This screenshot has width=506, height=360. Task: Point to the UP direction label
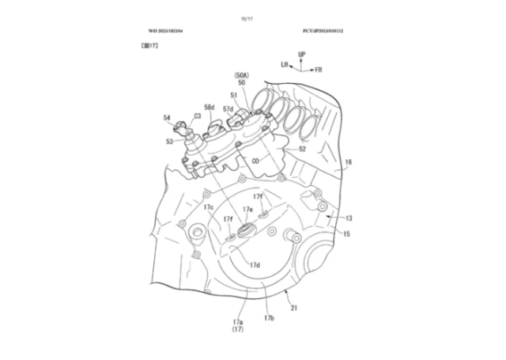[x=302, y=53]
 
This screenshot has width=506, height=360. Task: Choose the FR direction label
[x=319, y=70]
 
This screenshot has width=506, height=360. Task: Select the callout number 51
[x=233, y=96]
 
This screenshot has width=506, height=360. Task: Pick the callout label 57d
[x=228, y=109]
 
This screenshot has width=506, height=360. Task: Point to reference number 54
[x=167, y=118]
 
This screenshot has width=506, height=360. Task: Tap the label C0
[x=255, y=161]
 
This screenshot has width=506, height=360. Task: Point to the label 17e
[x=247, y=210]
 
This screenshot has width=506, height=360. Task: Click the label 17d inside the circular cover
[x=255, y=265]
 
